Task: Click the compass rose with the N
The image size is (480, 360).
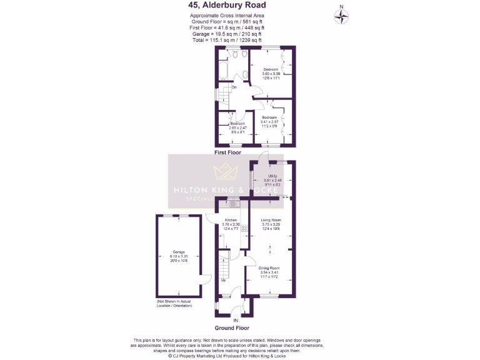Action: click(342, 16)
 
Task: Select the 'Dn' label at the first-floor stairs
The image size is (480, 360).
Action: click(234, 87)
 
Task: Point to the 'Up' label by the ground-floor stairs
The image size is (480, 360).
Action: click(224, 279)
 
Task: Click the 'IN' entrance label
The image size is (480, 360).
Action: click(236, 320)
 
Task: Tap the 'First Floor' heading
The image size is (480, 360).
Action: click(227, 152)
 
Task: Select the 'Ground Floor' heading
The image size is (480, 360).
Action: click(232, 327)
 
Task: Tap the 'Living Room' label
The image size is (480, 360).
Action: click(271, 220)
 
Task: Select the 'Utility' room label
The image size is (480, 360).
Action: click(272, 176)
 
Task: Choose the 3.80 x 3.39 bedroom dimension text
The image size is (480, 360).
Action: click(271, 74)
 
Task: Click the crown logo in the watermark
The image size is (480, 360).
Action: click(226, 172)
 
